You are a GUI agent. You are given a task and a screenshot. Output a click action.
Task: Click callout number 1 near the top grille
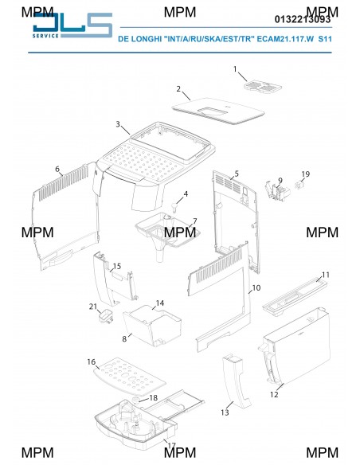pos(235,69)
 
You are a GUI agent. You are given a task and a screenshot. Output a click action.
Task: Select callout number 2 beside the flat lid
pos(178,88)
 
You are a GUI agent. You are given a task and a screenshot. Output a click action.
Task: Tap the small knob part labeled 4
pos(174,207)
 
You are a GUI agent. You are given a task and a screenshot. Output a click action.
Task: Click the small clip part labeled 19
pos(299,186)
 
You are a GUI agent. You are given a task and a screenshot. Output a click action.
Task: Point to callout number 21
pos(93,307)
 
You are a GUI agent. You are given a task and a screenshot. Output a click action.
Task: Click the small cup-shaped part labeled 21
pos(106,316)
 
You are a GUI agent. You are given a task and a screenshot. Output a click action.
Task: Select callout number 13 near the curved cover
pos(225,412)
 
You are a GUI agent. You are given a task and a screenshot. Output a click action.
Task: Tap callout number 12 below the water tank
pos(274,394)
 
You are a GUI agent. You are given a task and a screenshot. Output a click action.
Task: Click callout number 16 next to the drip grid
pos(92,361)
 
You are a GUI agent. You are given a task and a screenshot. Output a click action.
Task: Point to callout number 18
pos(153,397)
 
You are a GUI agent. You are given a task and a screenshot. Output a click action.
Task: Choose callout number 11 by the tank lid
pos(326,275)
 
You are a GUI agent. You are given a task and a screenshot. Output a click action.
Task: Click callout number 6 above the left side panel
pos(57,169)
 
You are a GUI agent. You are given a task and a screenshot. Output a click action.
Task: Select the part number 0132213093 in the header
pos(303,19)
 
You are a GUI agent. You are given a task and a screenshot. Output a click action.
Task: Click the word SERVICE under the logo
pos(45,36)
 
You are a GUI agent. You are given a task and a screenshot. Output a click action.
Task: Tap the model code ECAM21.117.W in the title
pos(285,39)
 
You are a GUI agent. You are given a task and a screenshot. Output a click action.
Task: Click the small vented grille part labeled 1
pos(263,86)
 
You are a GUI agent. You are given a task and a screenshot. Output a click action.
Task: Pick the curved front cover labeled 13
pos(237,381)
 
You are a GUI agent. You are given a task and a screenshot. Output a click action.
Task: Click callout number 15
pos(117,266)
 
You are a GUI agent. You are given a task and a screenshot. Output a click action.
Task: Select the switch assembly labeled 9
pos(278,191)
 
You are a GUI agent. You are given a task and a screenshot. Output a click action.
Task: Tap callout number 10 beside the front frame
pos(256,287)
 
